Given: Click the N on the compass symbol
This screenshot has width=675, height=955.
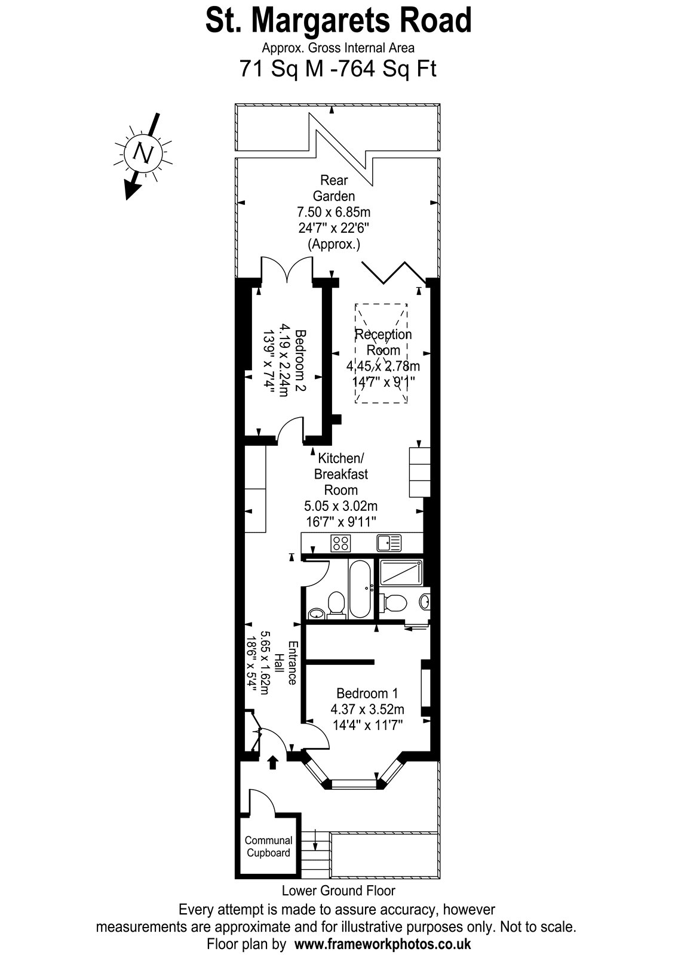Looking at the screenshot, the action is tap(143, 152).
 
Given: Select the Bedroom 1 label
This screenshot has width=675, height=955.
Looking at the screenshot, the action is tap(367, 693).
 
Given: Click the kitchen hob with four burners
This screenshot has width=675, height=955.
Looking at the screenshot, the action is tap(340, 543).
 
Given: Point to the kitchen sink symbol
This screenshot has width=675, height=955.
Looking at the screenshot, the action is tap(389, 543).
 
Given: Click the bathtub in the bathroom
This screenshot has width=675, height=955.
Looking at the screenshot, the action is tap(360, 589).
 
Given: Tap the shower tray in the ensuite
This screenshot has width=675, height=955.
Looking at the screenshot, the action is tap(401, 572).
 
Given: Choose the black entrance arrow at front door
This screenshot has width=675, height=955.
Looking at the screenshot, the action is tap(273, 762).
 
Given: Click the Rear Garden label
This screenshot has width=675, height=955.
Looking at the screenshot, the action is tap(334, 188).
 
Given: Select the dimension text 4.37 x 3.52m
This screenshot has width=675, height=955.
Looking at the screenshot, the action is tap(367, 709).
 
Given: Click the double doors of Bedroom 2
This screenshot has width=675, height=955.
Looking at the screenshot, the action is tap(287, 269).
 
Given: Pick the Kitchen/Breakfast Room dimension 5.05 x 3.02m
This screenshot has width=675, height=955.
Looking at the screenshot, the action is tap(340, 506).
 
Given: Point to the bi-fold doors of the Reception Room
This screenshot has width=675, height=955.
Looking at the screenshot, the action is tap(394, 272).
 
